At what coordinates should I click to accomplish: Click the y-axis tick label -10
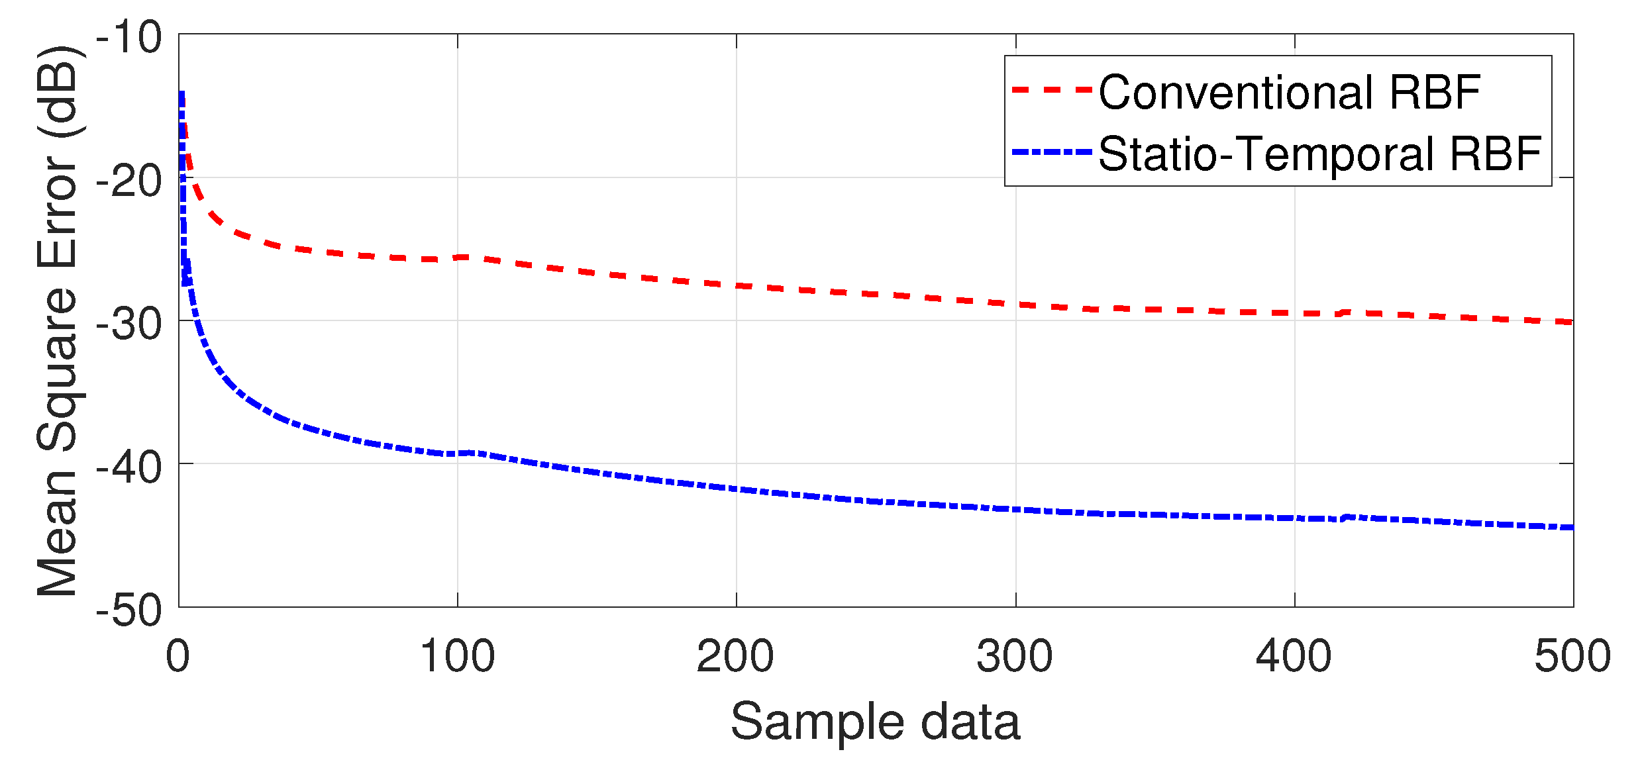tap(129, 37)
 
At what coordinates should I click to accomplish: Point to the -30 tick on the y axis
tap(129, 324)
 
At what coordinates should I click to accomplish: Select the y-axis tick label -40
tap(129, 467)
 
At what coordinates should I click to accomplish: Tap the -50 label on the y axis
tap(129, 610)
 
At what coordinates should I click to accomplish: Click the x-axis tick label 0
tap(178, 656)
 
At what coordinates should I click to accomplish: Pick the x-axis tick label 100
tap(457, 656)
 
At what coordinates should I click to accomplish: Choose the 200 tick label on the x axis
tap(735, 656)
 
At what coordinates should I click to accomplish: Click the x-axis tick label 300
tap(1015, 656)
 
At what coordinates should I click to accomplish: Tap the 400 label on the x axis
tap(1294, 656)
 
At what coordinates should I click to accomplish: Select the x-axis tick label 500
tap(1572, 656)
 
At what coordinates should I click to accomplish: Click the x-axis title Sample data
tap(875, 721)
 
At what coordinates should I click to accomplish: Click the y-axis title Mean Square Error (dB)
tap(58, 321)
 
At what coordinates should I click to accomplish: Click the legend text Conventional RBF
tap(1289, 92)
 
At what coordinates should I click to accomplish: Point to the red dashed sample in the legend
tap(1051, 89)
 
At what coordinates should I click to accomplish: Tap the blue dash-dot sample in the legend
tap(1051, 152)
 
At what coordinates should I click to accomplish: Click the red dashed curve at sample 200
tap(737, 286)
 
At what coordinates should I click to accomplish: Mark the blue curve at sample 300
tap(1015, 510)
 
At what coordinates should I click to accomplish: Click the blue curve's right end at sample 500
tap(1571, 528)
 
